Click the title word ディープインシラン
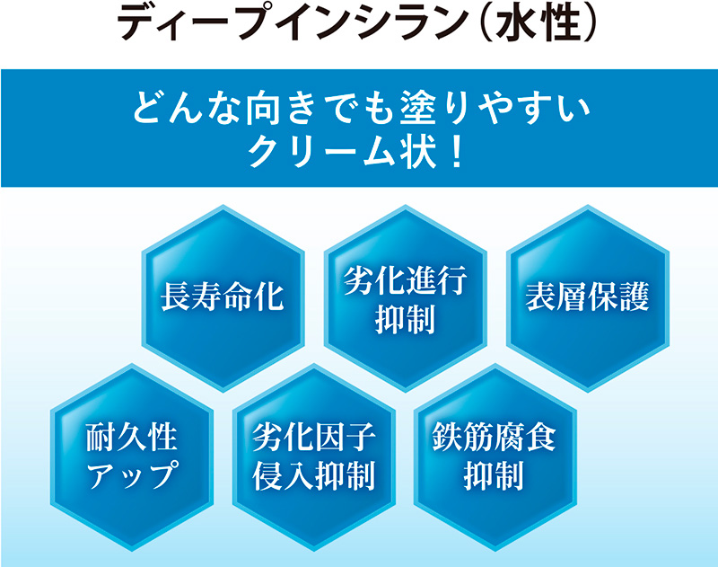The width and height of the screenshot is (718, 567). click(293, 23)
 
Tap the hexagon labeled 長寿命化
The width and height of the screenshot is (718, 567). click(223, 298)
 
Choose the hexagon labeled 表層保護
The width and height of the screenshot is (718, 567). click(588, 298)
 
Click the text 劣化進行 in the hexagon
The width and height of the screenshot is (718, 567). click(406, 279)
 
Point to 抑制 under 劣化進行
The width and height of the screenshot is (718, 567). click(406, 320)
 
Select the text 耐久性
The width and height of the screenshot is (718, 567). click(131, 437)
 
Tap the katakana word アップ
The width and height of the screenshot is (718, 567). click(131, 475)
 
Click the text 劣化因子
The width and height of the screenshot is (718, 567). click(313, 437)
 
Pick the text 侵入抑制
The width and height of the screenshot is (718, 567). click(313, 475)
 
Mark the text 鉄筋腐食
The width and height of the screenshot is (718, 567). click(495, 437)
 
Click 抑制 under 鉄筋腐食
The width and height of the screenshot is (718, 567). click(495, 475)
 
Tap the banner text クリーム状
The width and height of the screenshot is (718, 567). click(342, 152)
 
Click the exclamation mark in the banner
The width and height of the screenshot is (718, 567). click(456, 152)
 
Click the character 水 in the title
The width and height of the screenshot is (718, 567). click(519, 23)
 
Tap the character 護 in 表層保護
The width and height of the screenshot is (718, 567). click(635, 297)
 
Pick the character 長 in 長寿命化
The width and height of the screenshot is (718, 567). click(176, 297)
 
